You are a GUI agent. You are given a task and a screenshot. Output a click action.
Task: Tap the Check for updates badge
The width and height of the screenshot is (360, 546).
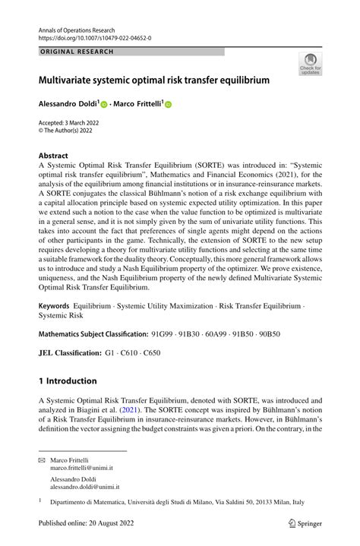tap(310, 63)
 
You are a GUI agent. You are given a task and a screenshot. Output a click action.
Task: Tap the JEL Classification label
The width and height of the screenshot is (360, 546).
tap(69, 353)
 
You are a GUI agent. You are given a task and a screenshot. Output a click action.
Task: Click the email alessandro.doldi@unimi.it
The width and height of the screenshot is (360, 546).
tap(87, 488)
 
